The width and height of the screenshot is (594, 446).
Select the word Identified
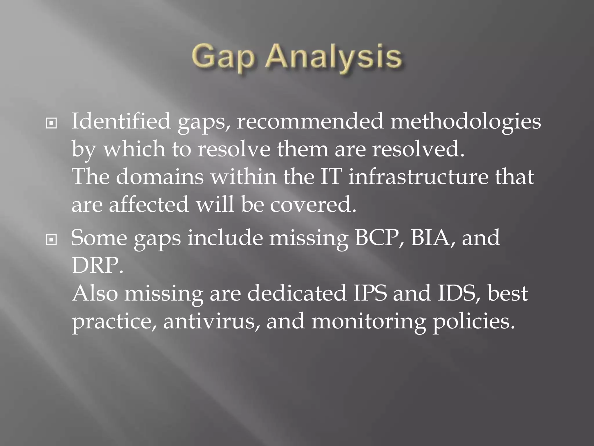[x=121, y=121]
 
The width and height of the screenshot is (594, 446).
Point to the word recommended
[x=310, y=121]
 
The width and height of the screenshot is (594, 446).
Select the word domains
[x=160, y=177]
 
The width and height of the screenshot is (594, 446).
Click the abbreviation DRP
[x=97, y=265]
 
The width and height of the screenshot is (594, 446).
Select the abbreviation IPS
[x=370, y=293]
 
